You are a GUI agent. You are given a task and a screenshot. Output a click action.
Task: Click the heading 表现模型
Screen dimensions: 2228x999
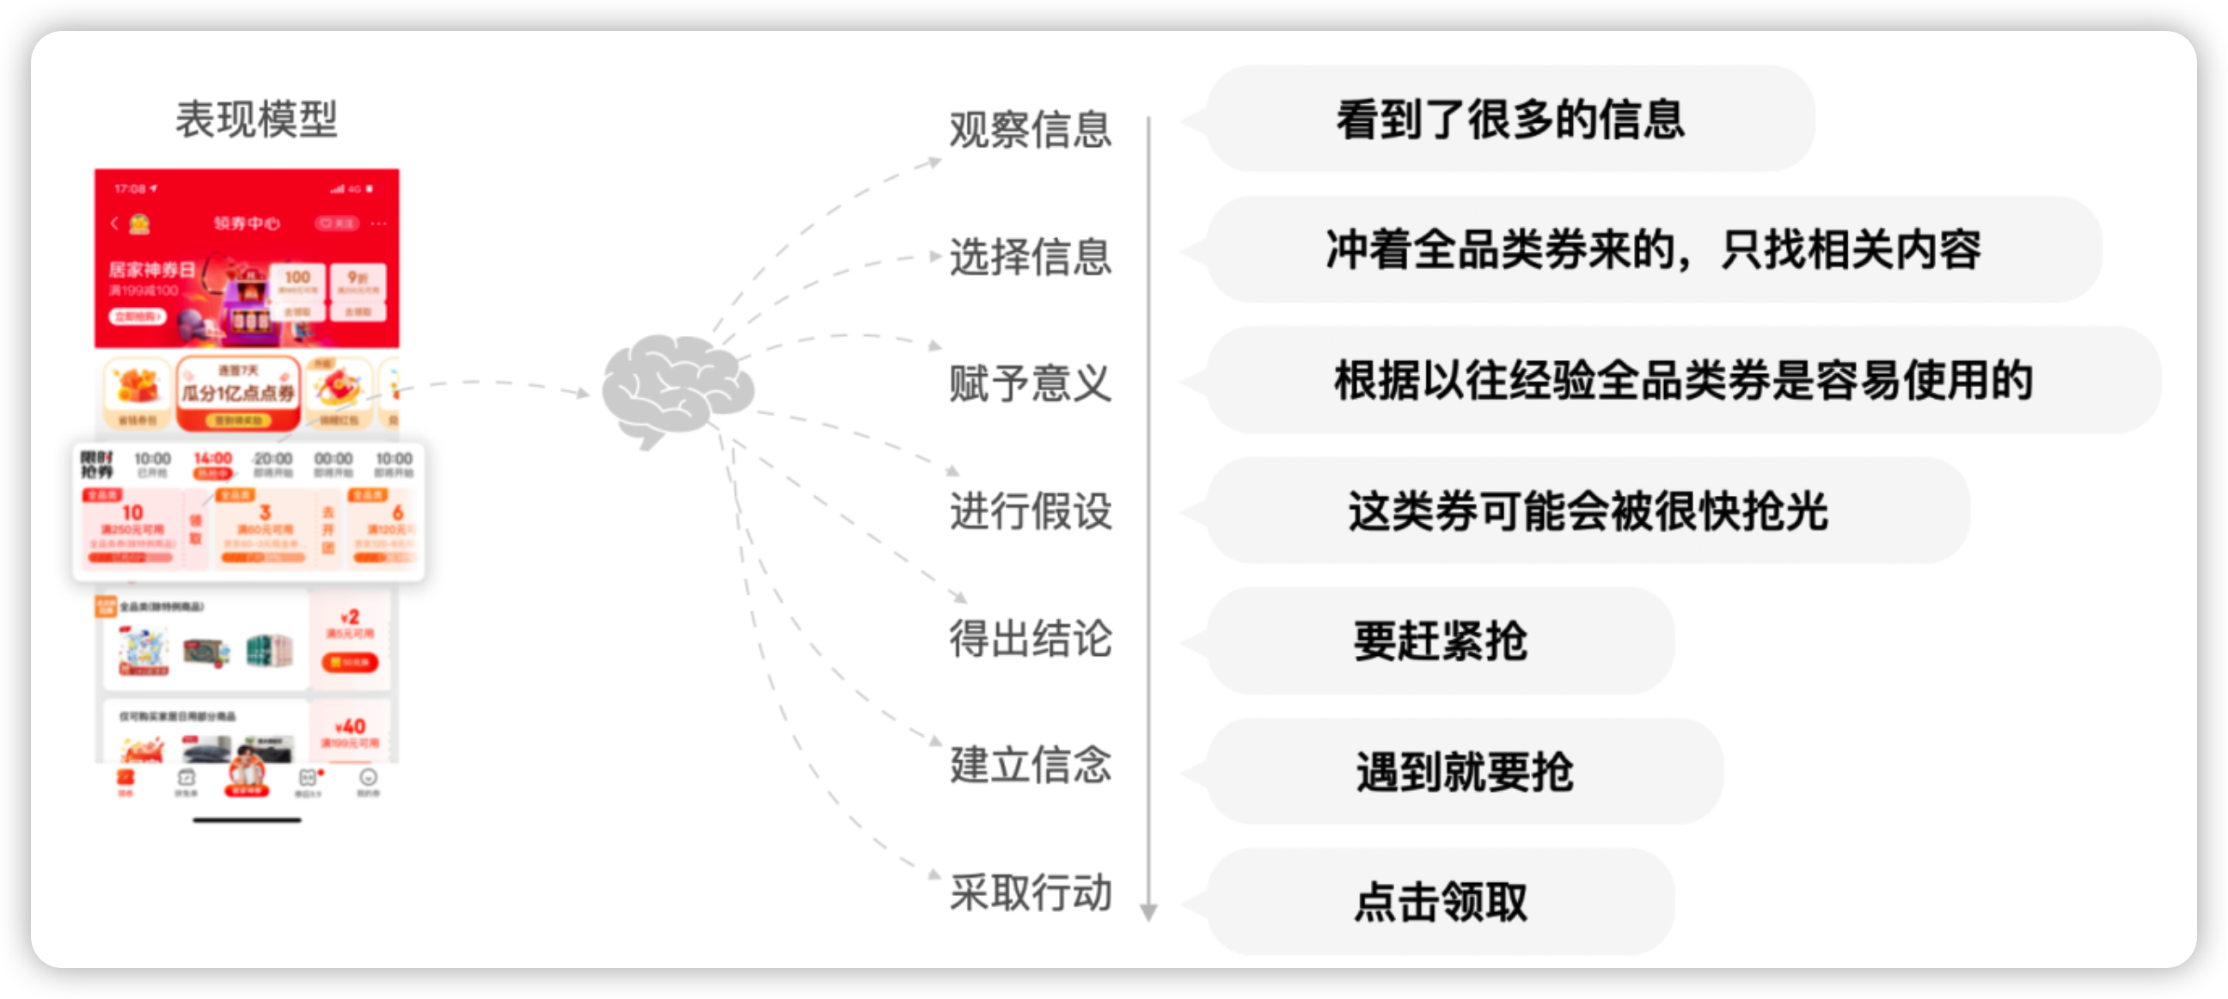pyautogui.click(x=256, y=119)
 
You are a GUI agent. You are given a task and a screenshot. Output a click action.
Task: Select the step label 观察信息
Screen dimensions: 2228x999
pyautogui.click(x=1030, y=130)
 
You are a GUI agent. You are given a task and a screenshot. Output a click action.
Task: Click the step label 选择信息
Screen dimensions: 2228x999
pyautogui.click(x=1030, y=257)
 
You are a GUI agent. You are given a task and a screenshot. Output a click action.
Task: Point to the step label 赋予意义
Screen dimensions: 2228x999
pyautogui.click(x=1030, y=383)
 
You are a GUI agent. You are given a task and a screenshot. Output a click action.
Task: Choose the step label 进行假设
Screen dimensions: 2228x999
pyautogui.click(x=1030, y=511)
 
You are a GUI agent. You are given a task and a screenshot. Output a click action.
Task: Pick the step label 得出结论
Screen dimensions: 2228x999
pyautogui.click(x=1030, y=638)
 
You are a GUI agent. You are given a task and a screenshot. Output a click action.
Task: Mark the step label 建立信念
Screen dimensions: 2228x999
pyautogui.click(x=1030, y=764)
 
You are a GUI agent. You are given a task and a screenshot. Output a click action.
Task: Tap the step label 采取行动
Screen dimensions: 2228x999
pyautogui.click(x=1030, y=892)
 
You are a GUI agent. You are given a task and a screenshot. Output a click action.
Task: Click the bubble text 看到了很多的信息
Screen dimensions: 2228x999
pyautogui.click(x=1510, y=120)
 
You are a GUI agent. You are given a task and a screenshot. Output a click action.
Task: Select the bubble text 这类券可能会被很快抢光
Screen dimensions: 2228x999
pyautogui.click(x=1588, y=511)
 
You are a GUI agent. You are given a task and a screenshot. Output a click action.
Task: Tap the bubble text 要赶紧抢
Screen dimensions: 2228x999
pyautogui.click(x=1440, y=640)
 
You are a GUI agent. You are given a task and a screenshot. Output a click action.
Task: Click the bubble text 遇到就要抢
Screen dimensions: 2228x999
pyautogui.click(x=1465, y=771)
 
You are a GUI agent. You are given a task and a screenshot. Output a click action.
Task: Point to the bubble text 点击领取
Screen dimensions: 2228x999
pyautogui.click(x=1440, y=902)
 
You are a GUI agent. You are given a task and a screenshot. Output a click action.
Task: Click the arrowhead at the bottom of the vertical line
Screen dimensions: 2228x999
pyautogui.click(x=1148, y=912)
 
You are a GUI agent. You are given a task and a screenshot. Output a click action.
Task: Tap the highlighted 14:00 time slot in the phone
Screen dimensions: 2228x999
pyautogui.click(x=213, y=463)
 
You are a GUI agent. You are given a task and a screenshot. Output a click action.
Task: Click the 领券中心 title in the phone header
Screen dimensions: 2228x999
pyautogui.click(x=248, y=224)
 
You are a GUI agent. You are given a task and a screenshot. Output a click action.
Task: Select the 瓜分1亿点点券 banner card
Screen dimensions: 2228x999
pyautogui.click(x=238, y=394)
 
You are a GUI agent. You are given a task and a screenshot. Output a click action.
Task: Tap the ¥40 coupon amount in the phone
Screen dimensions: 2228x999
pyautogui.click(x=351, y=726)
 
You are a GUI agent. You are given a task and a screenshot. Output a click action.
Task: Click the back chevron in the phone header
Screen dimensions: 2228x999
pyautogui.click(x=114, y=224)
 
